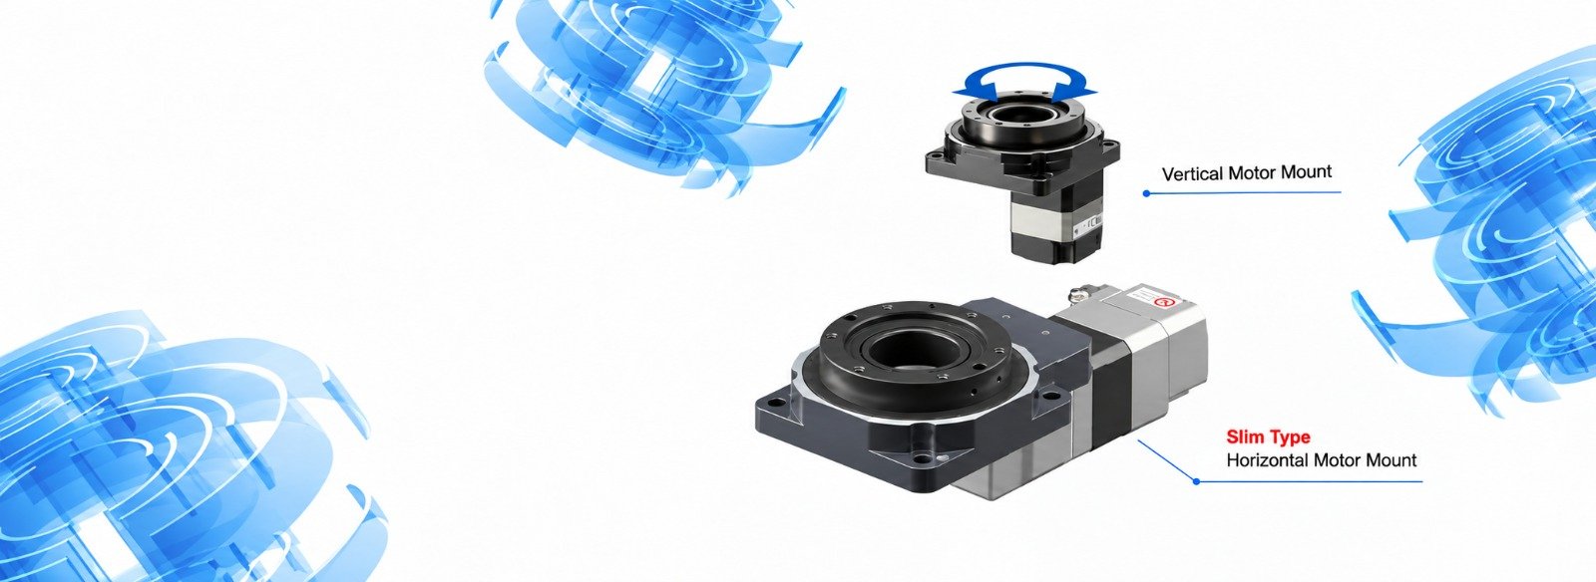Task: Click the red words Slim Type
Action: coord(1268,436)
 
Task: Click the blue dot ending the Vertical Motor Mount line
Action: coord(1146,192)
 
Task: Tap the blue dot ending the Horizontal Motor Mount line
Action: coord(1196,481)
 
